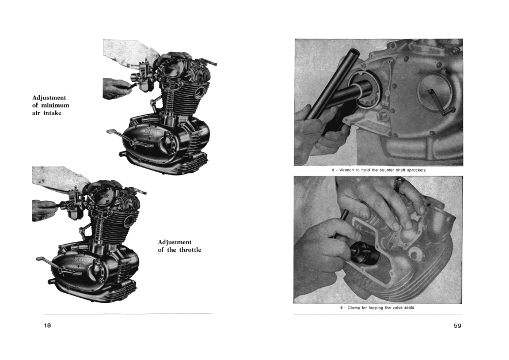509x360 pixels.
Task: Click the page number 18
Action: [x=48, y=325]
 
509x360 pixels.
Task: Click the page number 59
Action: [x=457, y=325]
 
